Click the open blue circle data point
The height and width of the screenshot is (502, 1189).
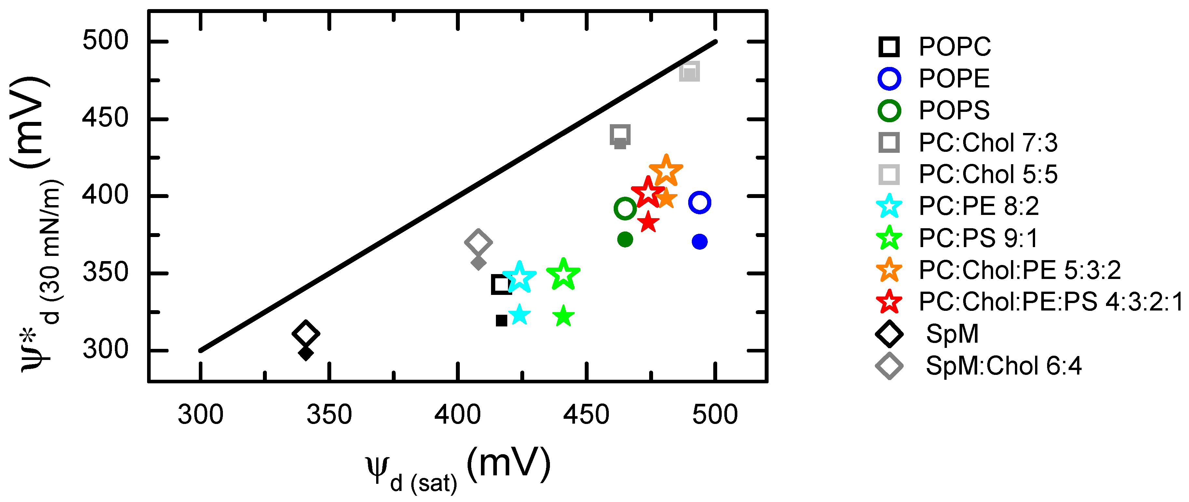tap(699, 203)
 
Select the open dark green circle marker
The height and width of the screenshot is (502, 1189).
tap(625, 208)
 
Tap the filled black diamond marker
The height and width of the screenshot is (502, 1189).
tap(306, 353)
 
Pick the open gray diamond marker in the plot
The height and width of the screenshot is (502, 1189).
tap(478, 242)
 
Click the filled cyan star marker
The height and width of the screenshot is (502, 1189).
tap(520, 315)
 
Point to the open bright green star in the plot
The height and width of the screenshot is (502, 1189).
tap(563, 275)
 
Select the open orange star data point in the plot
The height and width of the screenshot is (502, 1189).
tap(665, 171)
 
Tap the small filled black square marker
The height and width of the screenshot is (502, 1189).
tap(501, 320)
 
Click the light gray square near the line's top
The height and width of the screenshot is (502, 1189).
tap(689, 72)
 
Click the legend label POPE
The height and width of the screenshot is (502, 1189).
tap(954, 78)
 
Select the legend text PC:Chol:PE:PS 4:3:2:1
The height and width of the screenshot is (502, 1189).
tap(1050, 302)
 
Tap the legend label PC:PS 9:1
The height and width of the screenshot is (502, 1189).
tap(978, 238)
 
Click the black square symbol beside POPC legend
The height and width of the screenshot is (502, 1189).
tap(889, 46)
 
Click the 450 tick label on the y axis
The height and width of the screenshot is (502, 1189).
tap(105, 118)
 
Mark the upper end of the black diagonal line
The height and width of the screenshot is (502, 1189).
tap(715, 42)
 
